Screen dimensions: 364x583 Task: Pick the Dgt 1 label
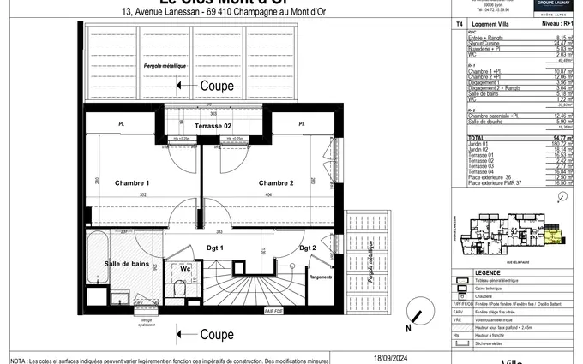[x=215, y=248]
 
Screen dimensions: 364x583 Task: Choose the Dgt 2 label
[x=308, y=248]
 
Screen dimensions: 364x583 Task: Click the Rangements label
[x=320, y=277]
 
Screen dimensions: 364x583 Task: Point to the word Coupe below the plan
[x=217, y=334]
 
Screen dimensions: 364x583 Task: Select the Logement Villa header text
[x=493, y=27]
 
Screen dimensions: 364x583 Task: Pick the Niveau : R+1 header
[x=557, y=27]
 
